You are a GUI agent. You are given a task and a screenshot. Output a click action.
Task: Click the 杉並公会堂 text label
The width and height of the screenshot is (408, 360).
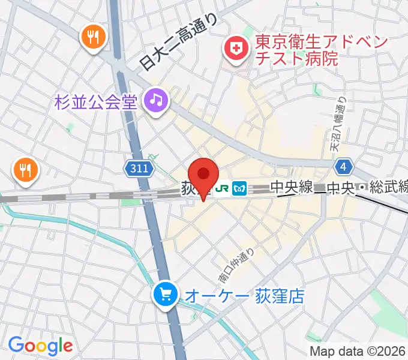click(x=95, y=101)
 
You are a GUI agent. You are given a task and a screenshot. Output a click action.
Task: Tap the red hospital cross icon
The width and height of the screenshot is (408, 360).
click(x=235, y=49)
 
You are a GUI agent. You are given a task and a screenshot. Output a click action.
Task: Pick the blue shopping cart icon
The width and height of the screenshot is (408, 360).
click(x=165, y=294)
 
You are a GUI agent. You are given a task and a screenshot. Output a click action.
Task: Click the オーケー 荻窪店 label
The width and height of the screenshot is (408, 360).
click(x=244, y=295)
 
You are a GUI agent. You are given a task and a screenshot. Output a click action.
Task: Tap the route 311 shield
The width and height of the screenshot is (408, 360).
click(x=137, y=170)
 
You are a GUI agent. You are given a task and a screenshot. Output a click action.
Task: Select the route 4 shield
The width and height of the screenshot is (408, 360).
click(x=343, y=166)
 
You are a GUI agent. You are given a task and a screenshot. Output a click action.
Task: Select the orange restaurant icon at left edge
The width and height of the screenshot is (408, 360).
click(x=25, y=170)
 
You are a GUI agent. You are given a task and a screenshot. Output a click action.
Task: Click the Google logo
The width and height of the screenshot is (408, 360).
click(x=40, y=345)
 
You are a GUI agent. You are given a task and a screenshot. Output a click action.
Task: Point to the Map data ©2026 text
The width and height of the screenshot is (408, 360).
click(x=358, y=351)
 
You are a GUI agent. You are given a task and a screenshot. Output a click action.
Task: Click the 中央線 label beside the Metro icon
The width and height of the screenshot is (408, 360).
click(x=291, y=188)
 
